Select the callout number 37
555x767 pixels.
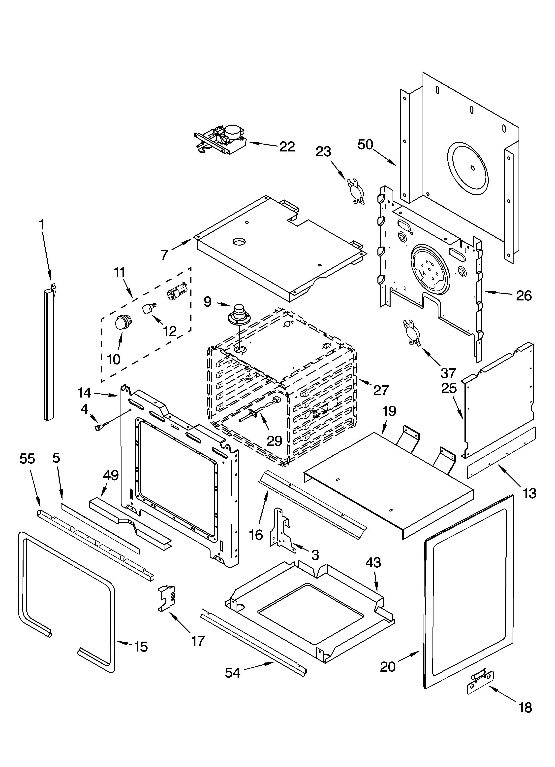[x=449, y=373]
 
